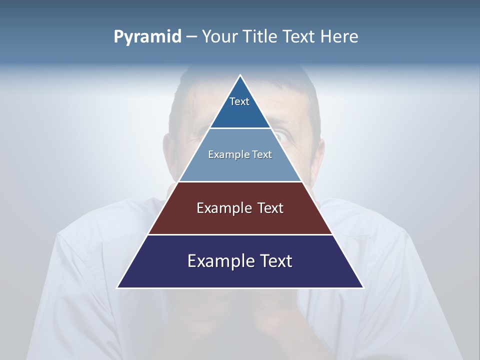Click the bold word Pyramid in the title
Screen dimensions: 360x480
pyautogui.click(x=147, y=37)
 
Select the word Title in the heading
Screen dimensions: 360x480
pyautogui.click(x=263, y=36)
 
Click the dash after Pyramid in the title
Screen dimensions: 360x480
pyautogui.click(x=191, y=37)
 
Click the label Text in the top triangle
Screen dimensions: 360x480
pyautogui.click(x=239, y=101)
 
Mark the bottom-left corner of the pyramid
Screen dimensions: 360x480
pyautogui.click(x=118, y=287)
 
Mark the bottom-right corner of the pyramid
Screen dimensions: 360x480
pyautogui.click(x=363, y=287)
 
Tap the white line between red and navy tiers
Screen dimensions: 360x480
pyautogui.click(x=240, y=234)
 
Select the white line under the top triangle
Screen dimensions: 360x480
pyautogui.click(x=240, y=128)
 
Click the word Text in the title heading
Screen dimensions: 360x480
pyautogui.click(x=300, y=36)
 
